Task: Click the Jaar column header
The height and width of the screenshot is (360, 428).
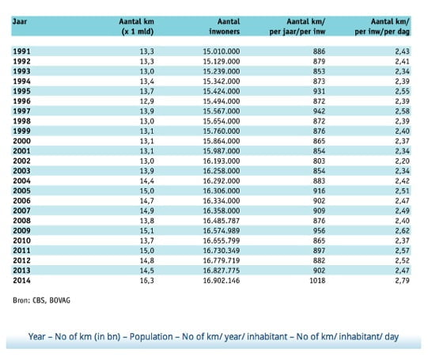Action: point(20,21)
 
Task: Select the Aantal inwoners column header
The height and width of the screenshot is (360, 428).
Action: point(225,26)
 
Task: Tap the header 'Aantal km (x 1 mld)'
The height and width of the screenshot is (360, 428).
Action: point(137,26)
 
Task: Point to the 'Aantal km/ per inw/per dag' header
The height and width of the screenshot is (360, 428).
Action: point(382,26)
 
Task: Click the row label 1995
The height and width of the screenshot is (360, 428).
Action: point(22,91)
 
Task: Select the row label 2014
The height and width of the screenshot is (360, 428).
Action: point(22,281)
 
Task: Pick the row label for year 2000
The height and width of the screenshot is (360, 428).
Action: point(22,141)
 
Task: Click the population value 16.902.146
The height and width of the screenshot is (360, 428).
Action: point(222,281)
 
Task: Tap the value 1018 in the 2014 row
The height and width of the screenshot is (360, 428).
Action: point(317,281)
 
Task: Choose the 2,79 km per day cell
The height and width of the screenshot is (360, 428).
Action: point(403,281)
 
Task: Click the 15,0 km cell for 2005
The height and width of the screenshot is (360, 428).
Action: point(147,191)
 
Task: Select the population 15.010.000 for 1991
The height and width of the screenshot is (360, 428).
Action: point(222,51)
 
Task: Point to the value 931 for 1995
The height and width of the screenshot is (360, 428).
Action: point(319,91)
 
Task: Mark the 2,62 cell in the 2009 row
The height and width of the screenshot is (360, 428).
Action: point(403,230)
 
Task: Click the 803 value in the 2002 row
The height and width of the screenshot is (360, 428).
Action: point(319,161)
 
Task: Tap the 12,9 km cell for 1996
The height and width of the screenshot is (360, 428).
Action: point(147,101)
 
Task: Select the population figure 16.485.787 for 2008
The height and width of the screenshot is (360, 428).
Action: point(222,221)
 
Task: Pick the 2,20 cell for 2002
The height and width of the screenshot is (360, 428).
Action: point(403,161)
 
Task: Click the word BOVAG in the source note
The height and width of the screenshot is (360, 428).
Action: point(60,301)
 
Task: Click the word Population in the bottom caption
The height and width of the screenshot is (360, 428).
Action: point(151,337)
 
